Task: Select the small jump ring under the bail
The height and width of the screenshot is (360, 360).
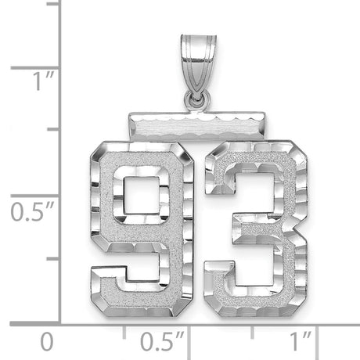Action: (196, 99)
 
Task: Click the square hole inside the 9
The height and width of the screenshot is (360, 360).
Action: (136, 194)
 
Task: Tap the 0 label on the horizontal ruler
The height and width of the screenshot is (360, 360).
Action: (48, 341)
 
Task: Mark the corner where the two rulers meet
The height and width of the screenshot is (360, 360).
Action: (61, 322)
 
